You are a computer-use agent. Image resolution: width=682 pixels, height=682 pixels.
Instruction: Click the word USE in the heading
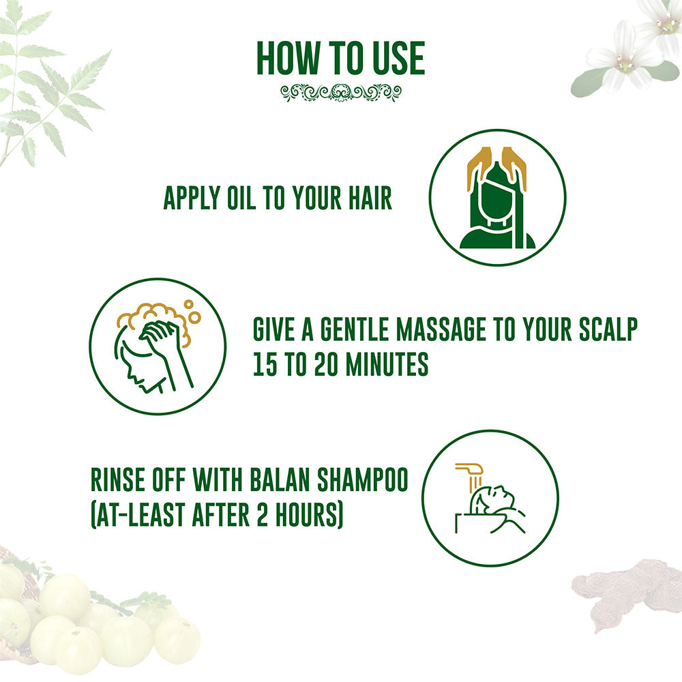coord(398,58)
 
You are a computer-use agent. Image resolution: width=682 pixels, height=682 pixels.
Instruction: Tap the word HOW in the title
coord(288,58)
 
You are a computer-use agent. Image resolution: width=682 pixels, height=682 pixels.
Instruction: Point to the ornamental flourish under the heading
coord(341,93)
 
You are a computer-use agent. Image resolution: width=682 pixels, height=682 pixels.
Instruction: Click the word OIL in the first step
coord(241,198)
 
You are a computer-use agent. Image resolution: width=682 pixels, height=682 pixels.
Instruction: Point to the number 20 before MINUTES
coord(326,364)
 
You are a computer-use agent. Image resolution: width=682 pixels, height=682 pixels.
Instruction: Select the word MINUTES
coord(387,364)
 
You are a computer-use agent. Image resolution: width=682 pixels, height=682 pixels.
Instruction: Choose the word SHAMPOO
coord(362,479)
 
